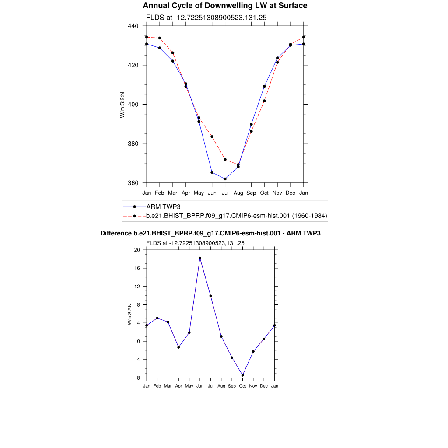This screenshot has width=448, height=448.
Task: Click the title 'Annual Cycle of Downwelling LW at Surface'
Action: coord(225,6)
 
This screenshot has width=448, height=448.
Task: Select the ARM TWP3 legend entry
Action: coord(163,206)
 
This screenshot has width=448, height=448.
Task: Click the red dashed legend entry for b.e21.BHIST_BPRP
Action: coord(237,216)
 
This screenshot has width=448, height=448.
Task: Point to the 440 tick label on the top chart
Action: coord(133,26)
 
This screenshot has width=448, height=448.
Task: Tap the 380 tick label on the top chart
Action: coord(133,144)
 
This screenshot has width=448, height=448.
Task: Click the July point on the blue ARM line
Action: coord(225,179)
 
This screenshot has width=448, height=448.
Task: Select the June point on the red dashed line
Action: coord(212,137)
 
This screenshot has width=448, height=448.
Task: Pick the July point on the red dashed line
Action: coord(225,159)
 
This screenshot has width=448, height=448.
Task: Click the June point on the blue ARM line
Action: coord(212,172)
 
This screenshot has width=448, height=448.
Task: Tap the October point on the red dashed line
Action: coord(264,101)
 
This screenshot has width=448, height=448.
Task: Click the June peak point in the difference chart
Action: coord(200,258)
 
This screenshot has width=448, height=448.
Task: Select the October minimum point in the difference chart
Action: coord(242,375)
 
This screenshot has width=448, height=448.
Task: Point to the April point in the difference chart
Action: coord(178,347)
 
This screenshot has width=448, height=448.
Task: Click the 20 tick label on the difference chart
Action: coord(137,250)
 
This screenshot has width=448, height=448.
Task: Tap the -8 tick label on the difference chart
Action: coord(137,378)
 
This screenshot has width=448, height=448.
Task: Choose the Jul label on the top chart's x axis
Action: coord(225,192)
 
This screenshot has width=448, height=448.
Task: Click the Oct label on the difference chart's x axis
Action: coord(242,386)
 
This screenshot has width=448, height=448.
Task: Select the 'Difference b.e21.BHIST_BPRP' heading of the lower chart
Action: coord(210,234)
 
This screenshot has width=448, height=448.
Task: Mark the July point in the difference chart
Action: coord(210,296)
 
